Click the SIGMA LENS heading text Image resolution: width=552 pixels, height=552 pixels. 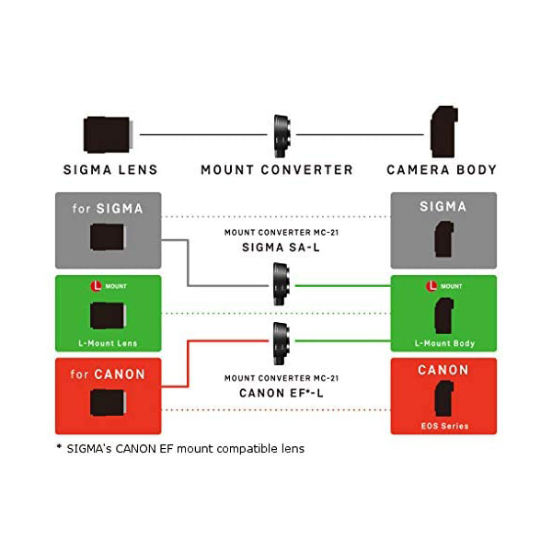click(110, 169)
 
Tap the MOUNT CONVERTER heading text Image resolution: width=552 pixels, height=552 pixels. click(277, 169)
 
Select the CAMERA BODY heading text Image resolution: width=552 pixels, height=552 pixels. click(442, 169)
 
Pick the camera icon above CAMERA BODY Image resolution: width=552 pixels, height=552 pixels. click(443, 132)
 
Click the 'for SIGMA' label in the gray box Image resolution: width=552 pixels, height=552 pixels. click(108, 208)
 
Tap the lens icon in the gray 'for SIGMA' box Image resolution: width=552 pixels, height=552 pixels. click(109, 241)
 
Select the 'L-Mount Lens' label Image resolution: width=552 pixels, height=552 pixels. click(108, 343)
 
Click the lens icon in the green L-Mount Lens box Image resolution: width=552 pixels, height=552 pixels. click(109, 316)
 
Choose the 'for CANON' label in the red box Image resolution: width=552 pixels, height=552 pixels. click(108, 374)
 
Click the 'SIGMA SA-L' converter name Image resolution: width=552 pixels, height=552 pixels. click(276, 248)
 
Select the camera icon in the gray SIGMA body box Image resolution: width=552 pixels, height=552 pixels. click(443, 241)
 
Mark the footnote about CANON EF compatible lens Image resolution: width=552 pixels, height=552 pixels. click(179, 448)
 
